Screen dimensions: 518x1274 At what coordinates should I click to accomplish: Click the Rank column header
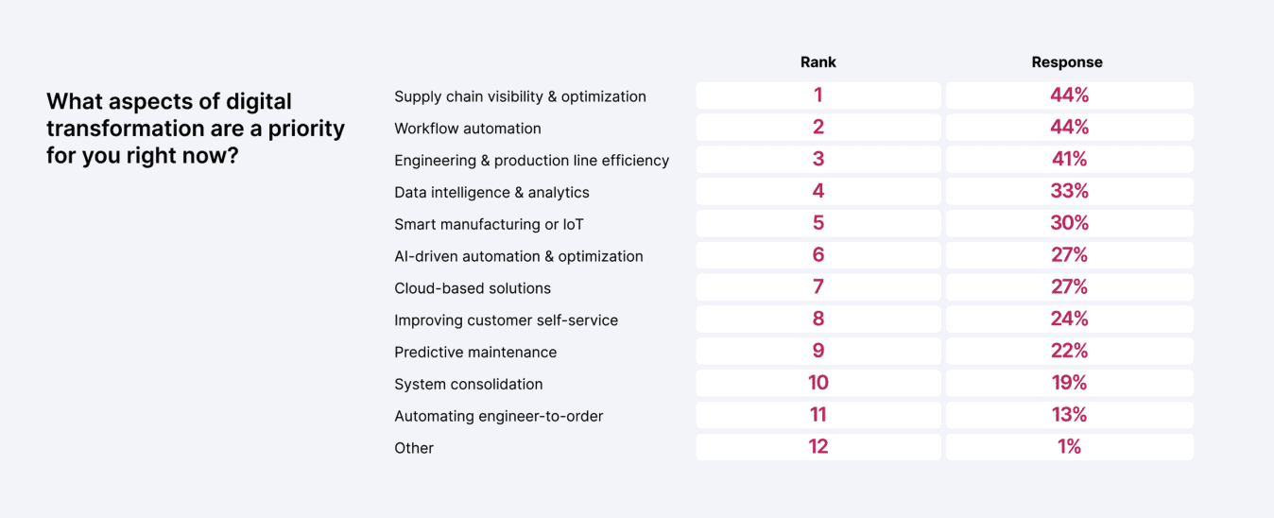tap(818, 62)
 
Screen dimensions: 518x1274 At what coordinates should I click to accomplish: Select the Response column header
tap(1067, 62)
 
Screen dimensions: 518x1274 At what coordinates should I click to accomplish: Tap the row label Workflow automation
tap(467, 129)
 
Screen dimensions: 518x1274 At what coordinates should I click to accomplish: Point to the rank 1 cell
tap(818, 95)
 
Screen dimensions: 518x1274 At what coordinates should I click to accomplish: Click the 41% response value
tap(1069, 159)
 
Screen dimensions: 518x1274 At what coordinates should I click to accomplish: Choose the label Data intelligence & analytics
tap(491, 193)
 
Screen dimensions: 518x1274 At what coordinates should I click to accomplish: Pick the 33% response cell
tap(1069, 191)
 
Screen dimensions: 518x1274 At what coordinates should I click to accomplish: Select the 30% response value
tap(1069, 223)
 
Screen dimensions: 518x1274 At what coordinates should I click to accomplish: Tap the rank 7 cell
tap(818, 286)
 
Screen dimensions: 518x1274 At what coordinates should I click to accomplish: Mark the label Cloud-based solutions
tap(472, 288)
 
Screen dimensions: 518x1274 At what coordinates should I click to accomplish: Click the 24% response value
tap(1069, 319)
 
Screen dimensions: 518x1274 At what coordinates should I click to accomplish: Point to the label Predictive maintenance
tap(475, 353)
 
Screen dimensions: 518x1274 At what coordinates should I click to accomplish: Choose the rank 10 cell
tap(818, 383)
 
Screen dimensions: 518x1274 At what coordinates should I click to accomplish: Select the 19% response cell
tap(1069, 383)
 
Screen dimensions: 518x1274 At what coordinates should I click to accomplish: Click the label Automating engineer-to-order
tap(498, 416)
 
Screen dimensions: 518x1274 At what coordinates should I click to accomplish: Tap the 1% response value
tap(1069, 446)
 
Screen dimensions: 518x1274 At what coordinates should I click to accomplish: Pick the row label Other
tap(414, 448)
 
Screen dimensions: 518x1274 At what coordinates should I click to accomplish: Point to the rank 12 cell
tap(818, 446)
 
